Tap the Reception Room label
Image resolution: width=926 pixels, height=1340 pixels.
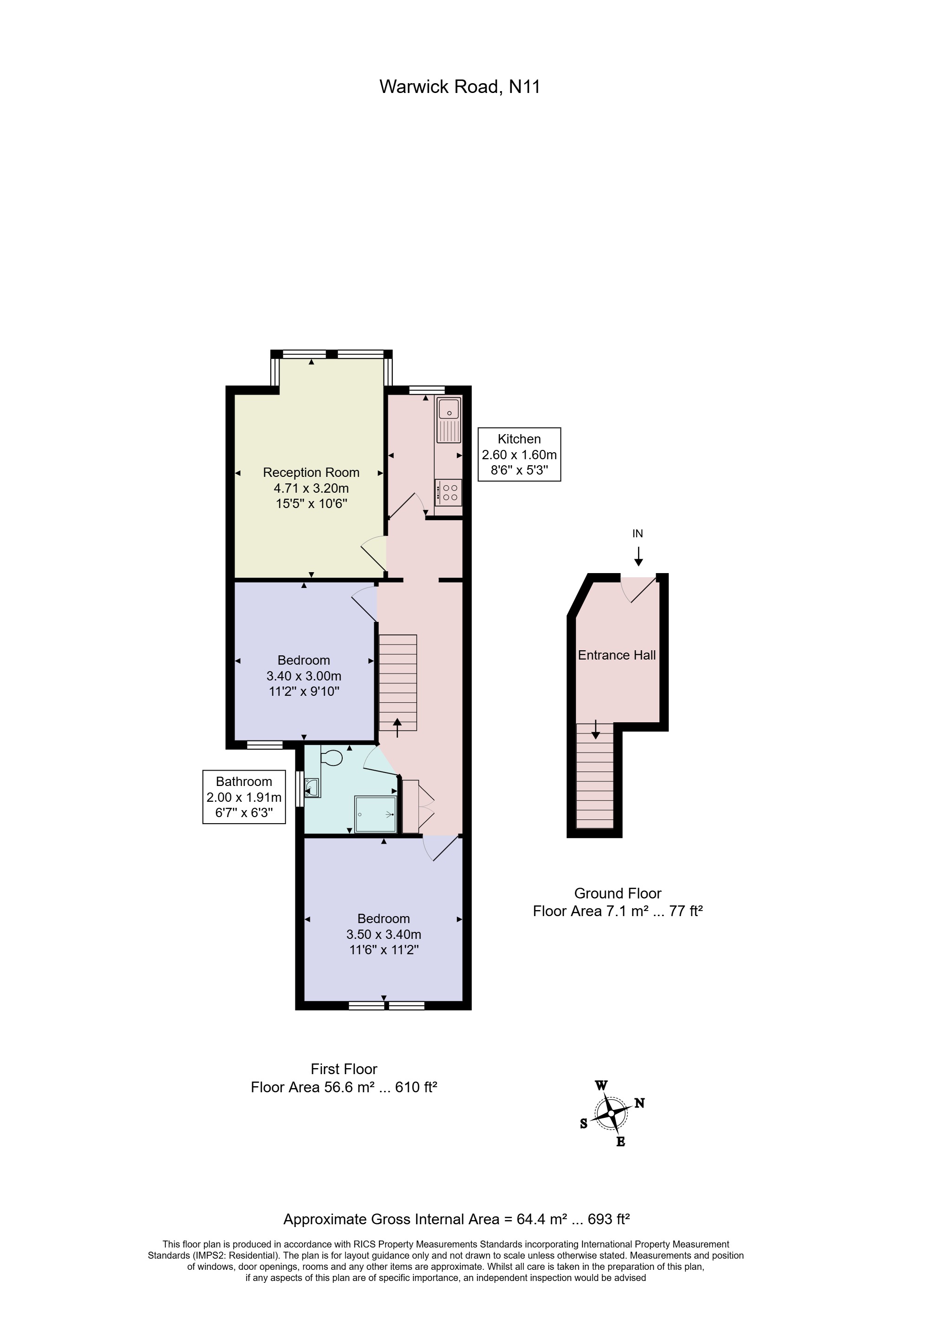pyautogui.click(x=311, y=473)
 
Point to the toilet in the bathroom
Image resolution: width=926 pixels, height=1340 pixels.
pyautogui.click(x=331, y=758)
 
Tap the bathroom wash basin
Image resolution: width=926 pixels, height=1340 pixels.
pyautogui.click(x=312, y=787)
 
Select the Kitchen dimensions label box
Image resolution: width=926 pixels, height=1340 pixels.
pyautogui.click(x=519, y=455)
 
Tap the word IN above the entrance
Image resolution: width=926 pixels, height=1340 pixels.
pyautogui.click(x=638, y=534)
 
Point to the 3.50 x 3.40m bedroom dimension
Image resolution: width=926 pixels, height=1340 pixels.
pyautogui.click(x=384, y=935)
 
